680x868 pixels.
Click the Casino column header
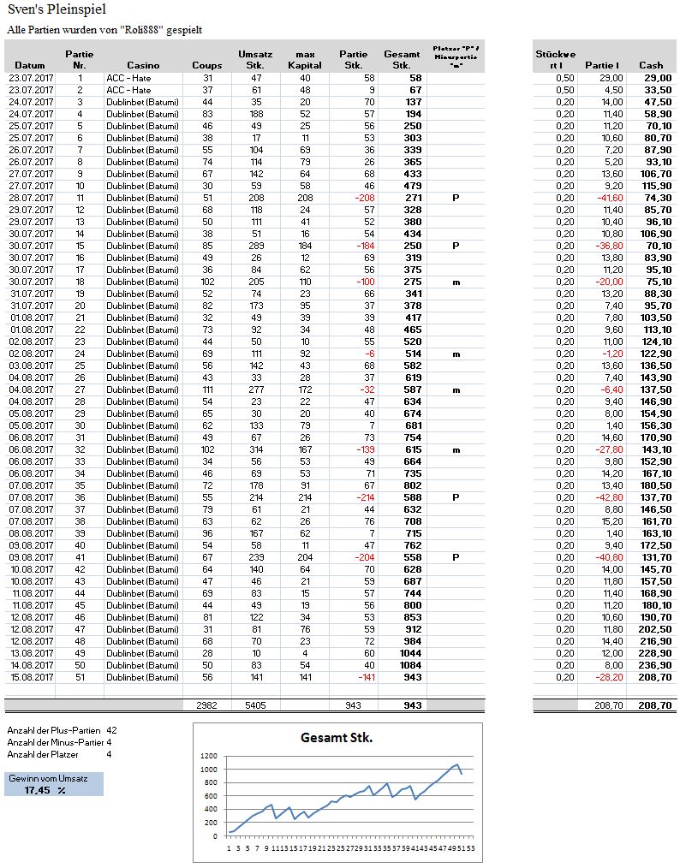pyautogui.click(x=143, y=65)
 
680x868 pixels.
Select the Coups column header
pyautogui.click(x=206, y=65)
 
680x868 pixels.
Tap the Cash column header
pyautogui.click(x=651, y=65)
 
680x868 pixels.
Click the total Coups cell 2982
pyautogui.click(x=206, y=705)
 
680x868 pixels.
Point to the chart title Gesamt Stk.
pyautogui.click(x=337, y=738)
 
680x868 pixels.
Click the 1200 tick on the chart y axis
pyautogui.click(x=209, y=757)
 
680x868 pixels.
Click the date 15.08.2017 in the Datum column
pyautogui.click(x=30, y=676)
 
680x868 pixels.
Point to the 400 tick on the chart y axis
pyautogui.click(x=211, y=809)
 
